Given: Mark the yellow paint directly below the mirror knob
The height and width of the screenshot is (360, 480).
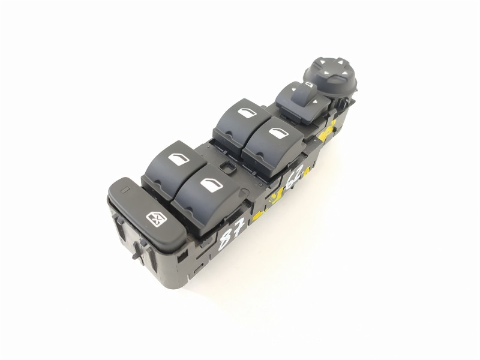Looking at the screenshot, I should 329,129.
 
